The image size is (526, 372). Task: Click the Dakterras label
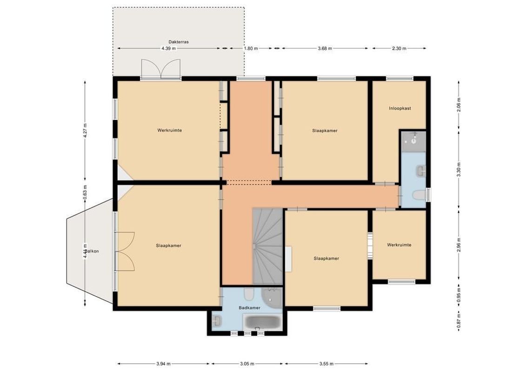click(179, 41)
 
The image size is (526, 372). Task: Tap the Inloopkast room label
click(400, 108)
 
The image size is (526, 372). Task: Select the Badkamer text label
click(249, 308)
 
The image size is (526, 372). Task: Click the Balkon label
click(92, 251)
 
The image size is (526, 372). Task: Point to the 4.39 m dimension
click(168, 48)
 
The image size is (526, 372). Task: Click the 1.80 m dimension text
click(251, 48)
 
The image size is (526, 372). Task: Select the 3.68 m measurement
click(325, 48)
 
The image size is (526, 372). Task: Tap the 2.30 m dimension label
click(399, 48)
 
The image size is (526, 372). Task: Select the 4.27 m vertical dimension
click(85, 131)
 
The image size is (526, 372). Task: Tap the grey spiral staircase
click(267, 246)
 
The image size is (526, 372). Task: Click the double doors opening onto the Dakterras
click(160, 70)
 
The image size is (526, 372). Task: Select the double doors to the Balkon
click(125, 251)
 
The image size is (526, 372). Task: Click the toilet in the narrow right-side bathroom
click(419, 196)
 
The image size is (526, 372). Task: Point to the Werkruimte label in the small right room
click(399, 245)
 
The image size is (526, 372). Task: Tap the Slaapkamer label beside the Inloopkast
click(325, 131)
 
